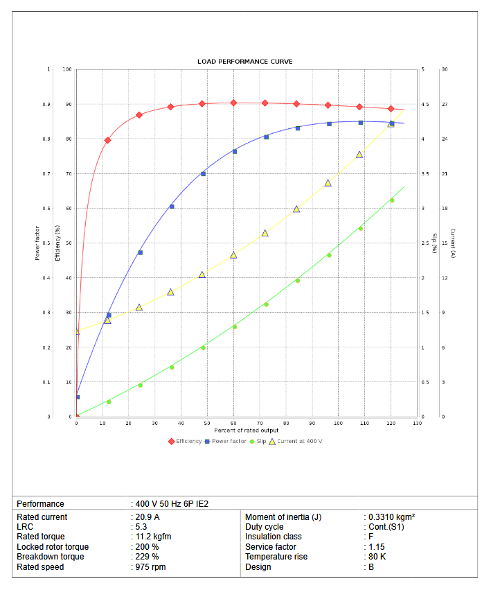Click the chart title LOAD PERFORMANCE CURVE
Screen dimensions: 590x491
click(245, 62)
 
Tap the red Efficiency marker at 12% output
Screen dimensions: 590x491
click(107, 140)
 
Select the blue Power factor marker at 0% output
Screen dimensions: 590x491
click(77, 397)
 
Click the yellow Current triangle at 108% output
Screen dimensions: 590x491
click(359, 155)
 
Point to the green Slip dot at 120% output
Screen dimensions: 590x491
click(392, 200)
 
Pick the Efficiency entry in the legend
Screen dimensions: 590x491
click(185, 441)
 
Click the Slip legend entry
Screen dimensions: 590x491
click(258, 441)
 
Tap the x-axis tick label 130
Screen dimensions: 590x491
click(417, 423)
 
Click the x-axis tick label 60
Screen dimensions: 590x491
click(233, 423)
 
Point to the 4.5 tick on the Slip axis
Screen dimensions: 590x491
click(425, 105)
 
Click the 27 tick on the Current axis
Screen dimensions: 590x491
click(445, 105)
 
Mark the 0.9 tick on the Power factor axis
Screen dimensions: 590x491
click(46, 105)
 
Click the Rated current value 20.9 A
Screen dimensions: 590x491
click(148, 517)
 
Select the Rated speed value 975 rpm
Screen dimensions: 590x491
click(151, 566)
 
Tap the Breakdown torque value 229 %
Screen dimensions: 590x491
click(148, 557)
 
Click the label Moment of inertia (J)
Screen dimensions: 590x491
click(283, 517)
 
